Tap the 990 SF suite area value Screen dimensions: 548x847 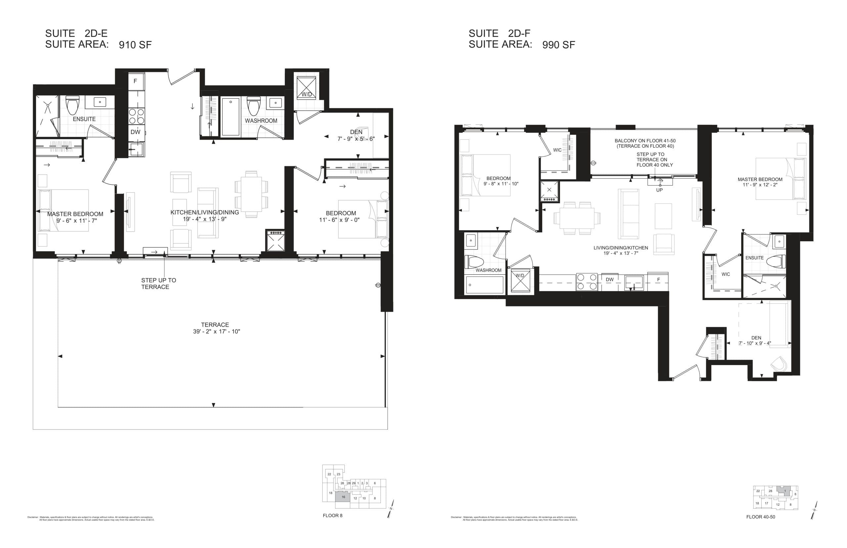pyautogui.click(x=558, y=45)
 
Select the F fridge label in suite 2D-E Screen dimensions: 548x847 pyautogui.click(x=135, y=81)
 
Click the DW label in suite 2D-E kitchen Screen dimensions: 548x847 pyautogui.click(x=135, y=132)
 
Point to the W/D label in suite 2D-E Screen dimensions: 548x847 pyautogui.click(x=306, y=94)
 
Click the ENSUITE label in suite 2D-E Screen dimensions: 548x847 pyautogui.click(x=84, y=119)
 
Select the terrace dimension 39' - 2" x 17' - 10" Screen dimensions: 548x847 pyautogui.click(x=216, y=331)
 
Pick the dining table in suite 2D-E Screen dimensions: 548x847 pyautogui.click(x=251, y=194)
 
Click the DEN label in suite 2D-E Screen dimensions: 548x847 pyautogui.click(x=356, y=132)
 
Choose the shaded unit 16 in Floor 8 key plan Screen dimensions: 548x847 pyautogui.click(x=343, y=497)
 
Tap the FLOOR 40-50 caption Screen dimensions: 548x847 pyautogui.click(x=760, y=517)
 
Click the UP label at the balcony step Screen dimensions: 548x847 pyautogui.click(x=659, y=190)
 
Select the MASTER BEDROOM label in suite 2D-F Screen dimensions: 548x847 pyautogui.click(x=760, y=179)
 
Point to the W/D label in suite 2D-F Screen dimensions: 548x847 pyautogui.click(x=520, y=275)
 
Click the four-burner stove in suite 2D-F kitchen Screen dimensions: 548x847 pyautogui.click(x=586, y=282)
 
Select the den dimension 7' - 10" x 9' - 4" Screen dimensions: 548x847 pyautogui.click(x=754, y=343)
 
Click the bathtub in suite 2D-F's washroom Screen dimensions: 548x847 pyautogui.click(x=484, y=285)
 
